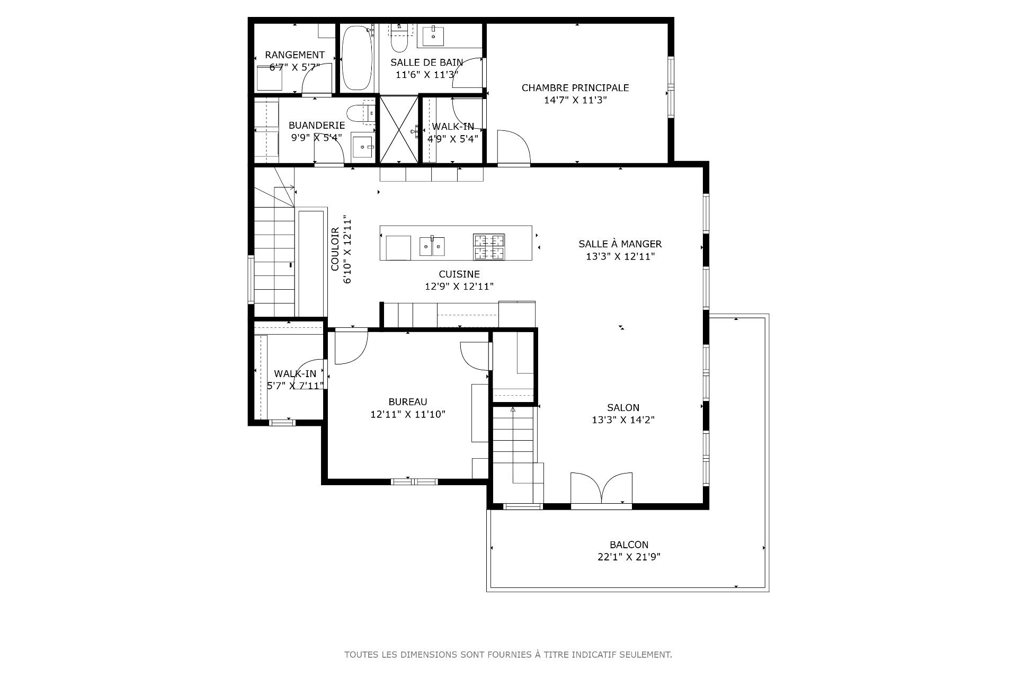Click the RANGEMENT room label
pos(295,55)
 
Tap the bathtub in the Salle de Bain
pos(356,58)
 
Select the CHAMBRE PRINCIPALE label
pos(575,88)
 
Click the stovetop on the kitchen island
pos(488,247)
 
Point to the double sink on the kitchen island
pos(432,246)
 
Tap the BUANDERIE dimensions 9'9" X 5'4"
pos(317,137)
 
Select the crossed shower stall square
pos(399,129)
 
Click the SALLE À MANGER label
pos(620,244)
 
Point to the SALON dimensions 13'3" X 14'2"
pos(623,420)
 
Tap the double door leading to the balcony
pos(601,489)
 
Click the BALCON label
pos(629,545)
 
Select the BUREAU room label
pos(408,402)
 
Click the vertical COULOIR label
pos(335,249)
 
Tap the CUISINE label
pos(459,274)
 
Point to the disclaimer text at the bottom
pos(508,655)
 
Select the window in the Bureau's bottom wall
pos(414,481)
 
